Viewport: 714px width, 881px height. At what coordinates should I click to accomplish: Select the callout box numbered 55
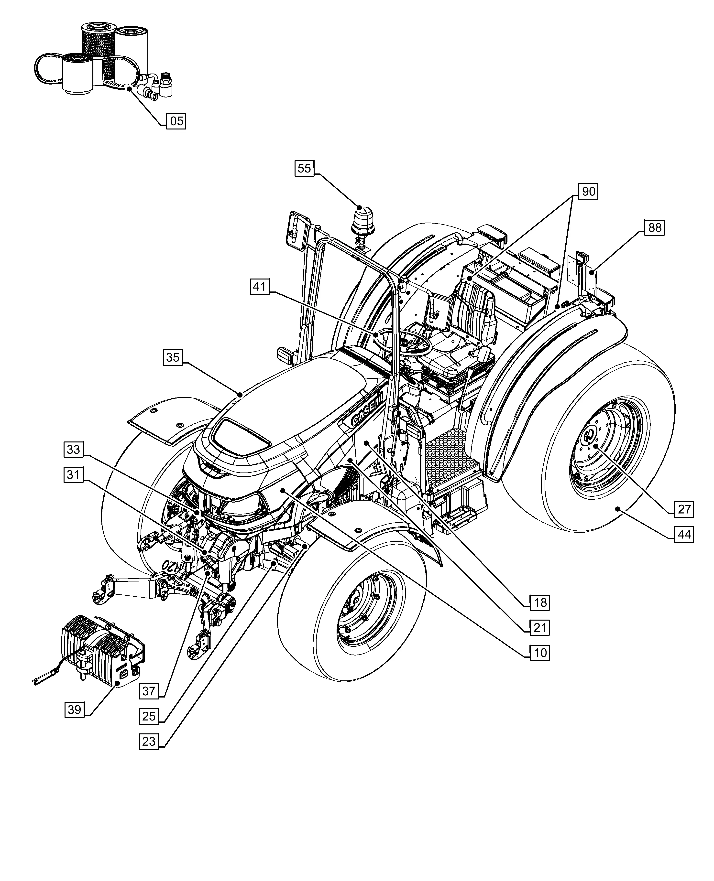click(304, 169)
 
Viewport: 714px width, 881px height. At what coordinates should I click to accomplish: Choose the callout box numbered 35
click(173, 357)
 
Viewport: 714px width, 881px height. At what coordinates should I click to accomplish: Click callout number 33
click(74, 449)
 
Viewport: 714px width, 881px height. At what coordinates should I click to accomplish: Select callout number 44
click(684, 534)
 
